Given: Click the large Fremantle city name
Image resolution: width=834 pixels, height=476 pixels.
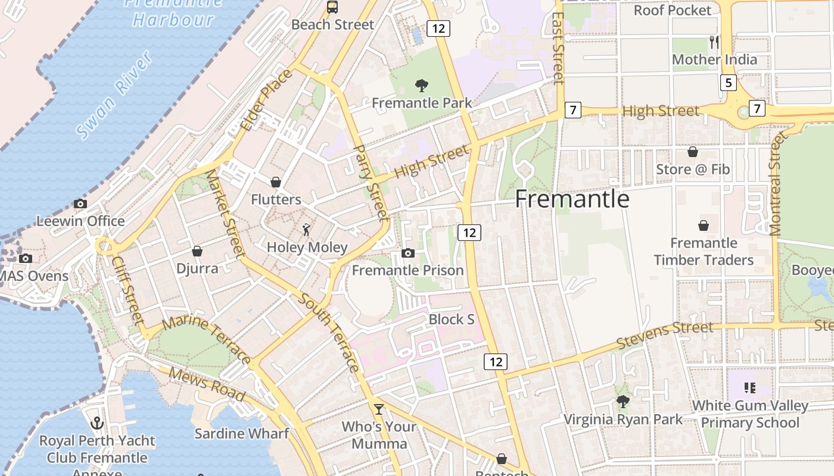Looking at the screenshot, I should [x=572, y=199].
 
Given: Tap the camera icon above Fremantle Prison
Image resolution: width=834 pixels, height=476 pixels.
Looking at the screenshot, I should [x=408, y=253].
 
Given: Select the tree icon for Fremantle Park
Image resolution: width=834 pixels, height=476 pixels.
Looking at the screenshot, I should [x=422, y=86].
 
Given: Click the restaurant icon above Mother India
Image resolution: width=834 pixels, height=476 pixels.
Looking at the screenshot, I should [x=714, y=42].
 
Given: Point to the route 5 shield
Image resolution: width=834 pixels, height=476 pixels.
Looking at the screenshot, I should [x=728, y=83].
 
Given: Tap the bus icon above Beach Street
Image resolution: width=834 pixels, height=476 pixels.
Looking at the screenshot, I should [x=332, y=7].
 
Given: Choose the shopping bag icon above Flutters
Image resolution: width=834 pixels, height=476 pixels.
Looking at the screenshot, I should [x=276, y=181].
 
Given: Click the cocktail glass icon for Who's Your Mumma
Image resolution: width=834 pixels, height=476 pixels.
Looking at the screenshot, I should [x=379, y=409].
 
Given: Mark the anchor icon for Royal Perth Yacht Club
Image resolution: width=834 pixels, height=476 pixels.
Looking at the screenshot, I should [x=97, y=423].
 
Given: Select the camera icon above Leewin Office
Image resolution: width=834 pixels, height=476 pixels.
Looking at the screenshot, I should [x=80, y=203].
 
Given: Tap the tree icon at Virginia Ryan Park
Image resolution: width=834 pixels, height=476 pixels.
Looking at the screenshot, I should [x=623, y=402].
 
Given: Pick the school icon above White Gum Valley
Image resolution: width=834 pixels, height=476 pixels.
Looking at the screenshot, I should [x=750, y=388].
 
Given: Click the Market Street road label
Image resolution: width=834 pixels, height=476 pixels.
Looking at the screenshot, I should [x=225, y=214].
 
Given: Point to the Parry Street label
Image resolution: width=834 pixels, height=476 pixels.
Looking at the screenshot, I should [x=371, y=182].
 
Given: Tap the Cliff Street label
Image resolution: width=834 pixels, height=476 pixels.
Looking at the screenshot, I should [x=128, y=290].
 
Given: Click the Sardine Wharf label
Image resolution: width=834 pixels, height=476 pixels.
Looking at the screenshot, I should [x=241, y=433].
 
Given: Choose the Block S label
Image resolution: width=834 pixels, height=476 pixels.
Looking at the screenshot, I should [x=452, y=320].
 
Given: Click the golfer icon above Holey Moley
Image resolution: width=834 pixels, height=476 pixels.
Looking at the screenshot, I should [x=306, y=230].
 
